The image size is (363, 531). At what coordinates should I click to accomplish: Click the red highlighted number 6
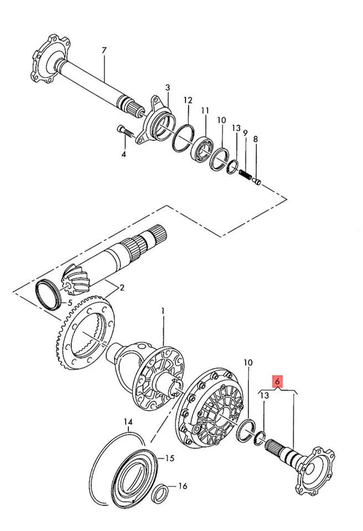click(277, 381)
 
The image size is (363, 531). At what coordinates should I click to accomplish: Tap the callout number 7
click(103, 51)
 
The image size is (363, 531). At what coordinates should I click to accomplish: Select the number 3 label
click(168, 87)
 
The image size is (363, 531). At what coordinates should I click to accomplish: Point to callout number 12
click(188, 100)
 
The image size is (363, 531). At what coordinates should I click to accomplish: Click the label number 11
click(205, 111)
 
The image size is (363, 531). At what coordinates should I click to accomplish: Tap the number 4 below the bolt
click(123, 154)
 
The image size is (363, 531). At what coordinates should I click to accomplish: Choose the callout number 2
click(122, 287)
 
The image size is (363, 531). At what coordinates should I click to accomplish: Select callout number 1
click(163, 311)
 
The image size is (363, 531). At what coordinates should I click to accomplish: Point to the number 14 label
click(128, 423)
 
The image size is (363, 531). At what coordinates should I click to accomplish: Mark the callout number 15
click(170, 458)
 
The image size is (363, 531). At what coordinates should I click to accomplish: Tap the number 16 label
click(183, 486)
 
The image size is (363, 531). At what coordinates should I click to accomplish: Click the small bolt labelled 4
click(124, 132)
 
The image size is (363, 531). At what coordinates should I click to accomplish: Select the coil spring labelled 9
click(245, 175)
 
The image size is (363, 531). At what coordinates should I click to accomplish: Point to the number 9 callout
click(245, 133)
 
